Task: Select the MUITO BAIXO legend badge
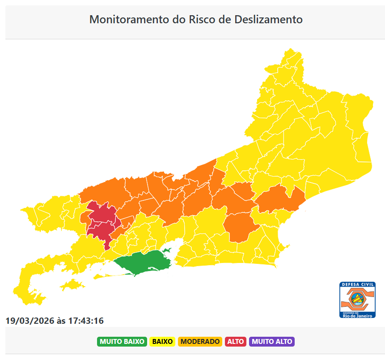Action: coord(122,342)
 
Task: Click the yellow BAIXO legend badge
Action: coord(162,342)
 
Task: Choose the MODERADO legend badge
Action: coord(200,342)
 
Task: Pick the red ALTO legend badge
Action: coord(236,342)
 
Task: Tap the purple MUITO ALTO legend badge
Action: coord(272,342)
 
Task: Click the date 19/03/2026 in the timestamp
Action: coord(30,321)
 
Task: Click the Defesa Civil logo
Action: coord(357,300)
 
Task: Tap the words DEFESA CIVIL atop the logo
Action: coord(357,284)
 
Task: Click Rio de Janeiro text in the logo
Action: coord(357,315)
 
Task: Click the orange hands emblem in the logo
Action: coord(357,299)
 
